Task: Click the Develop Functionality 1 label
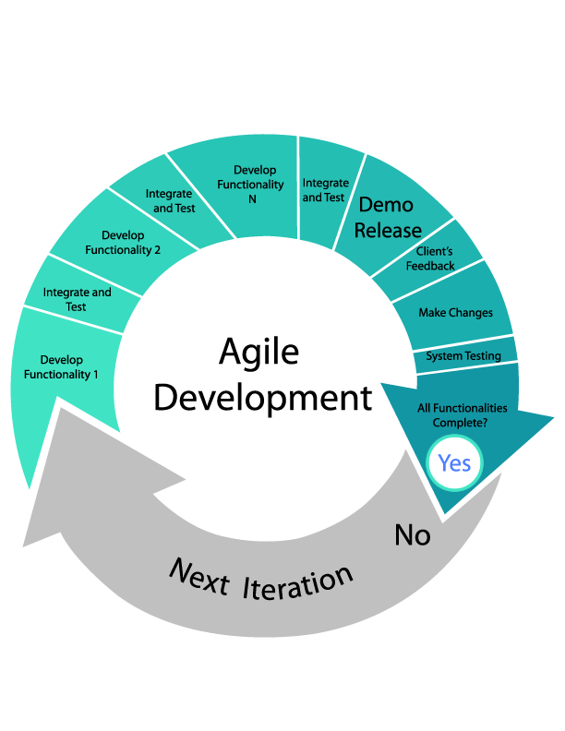(61, 367)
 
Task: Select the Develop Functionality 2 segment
(123, 243)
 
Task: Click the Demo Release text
(388, 217)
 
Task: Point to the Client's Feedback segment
(430, 259)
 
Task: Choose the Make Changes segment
(455, 313)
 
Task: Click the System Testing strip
(463, 356)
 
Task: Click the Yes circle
(454, 462)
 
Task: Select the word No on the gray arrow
(413, 534)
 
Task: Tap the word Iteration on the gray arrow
(298, 583)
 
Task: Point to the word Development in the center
(263, 398)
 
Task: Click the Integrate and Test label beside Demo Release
(325, 190)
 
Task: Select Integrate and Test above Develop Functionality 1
(77, 299)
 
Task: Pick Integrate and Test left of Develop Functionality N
(171, 200)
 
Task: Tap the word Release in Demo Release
(388, 230)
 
